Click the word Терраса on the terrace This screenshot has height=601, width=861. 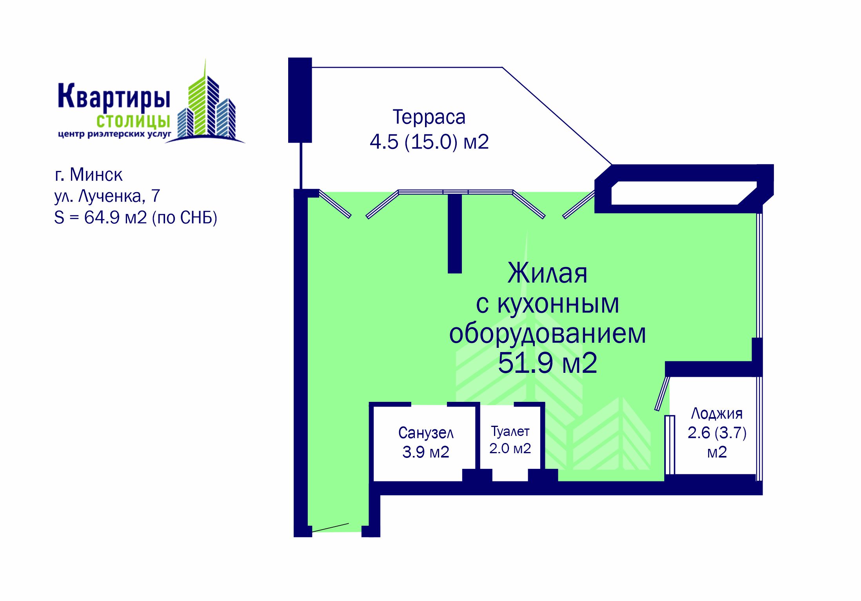pyautogui.click(x=429, y=117)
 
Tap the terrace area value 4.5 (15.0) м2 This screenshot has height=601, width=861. pyautogui.click(x=429, y=142)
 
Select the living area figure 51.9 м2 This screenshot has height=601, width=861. pyautogui.click(x=547, y=363)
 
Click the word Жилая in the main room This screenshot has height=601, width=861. pyautogui.click(x=547, y=273)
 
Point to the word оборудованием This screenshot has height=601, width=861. pyautogui.click(x=547, y=334)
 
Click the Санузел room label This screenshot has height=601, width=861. pyautogui.click(x=426, y=433)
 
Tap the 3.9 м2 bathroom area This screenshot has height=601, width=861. pyautogui.click(x=426, y=452)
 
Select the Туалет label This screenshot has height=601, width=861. pyautogui.click(x=510, y=432)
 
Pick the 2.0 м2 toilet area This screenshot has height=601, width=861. pyautogui.click(x=510, y=448)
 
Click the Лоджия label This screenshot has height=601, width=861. pyautogui.click(x=717, y=414)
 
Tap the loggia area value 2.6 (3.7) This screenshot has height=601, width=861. pyautogui.click(x=717, y=433)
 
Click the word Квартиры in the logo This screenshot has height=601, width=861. pyautogui.click(x=114, y=96)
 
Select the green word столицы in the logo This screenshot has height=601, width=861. pyautogui.click(x=133, y=121)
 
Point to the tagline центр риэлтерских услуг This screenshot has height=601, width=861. pyautogui.click(x=114, y=134)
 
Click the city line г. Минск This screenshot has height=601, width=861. pyautogui.click(x=89, y=175)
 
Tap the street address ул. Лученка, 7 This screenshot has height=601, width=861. pyautogui.click(x=107, y=196)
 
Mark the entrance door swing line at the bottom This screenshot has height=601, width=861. pyautogui.click(x=330, y=528)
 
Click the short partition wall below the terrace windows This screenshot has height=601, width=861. pyautogui.click(x=455, y=234)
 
